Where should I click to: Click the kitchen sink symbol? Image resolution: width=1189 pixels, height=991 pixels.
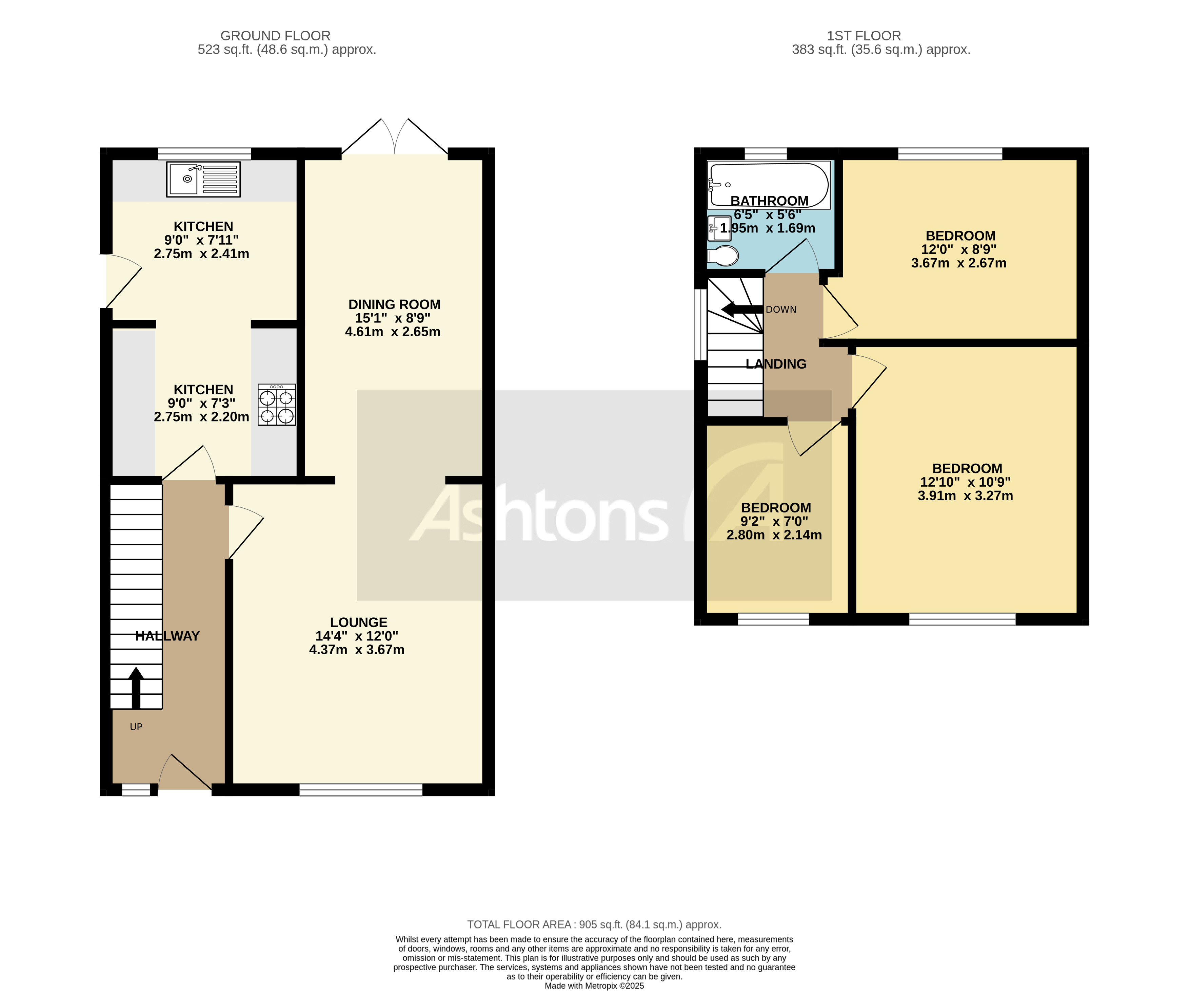pyautogui.click(x=203, y=179)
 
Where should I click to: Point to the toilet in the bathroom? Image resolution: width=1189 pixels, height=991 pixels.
pyautogui.click(x=724, y=256)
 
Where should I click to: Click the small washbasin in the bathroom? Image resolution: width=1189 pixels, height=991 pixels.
pyautogui.click(x=719, y=228)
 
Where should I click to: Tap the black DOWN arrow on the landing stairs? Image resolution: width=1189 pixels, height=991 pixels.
pyautogui.click(x=742, y=310)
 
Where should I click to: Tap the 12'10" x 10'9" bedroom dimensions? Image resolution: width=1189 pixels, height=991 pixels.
pyautogui.click(x=965, y=482)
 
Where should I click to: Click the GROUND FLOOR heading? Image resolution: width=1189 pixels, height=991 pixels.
pyautogui.click(x=275, y=36)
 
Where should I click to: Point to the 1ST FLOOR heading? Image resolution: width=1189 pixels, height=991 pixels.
pyautogui.click(x=864, y=36)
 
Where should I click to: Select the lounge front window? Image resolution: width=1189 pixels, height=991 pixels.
pyautogui.click(x=361, y=790)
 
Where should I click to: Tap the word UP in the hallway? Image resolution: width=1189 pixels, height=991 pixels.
pyautogui.click(x=136, y=727)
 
